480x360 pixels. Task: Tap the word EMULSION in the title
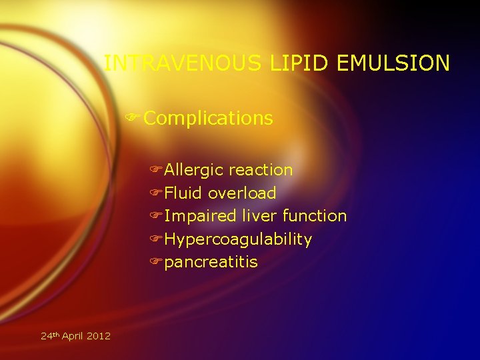tap(394, 63)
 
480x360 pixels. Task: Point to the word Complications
tap(208, 119)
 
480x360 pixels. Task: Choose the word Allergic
tap(194, 170)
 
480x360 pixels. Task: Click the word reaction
tap(261, 170)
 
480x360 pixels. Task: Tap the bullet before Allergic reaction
tap(157, 171)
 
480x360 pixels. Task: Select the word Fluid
tap(184, 193)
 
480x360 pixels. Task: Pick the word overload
tap(242, 193)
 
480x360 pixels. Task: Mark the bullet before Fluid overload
tap(157, 193)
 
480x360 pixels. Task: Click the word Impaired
tap(201, 216)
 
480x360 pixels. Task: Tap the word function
tap(315, 216)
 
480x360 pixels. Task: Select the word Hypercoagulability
tap(238, 239)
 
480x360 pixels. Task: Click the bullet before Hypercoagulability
tap(157, 239)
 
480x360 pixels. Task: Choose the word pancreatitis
tap(211, 262)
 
